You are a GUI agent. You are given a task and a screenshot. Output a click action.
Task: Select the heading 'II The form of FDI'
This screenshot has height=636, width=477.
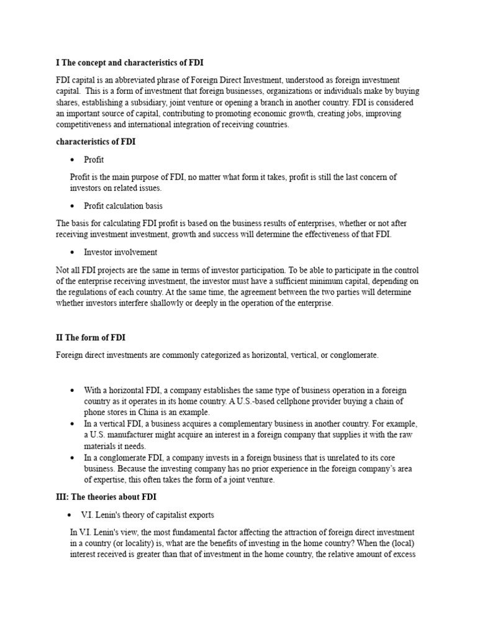coord(91,338)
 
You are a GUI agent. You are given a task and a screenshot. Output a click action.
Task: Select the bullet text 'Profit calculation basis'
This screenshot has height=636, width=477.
coord(123,206)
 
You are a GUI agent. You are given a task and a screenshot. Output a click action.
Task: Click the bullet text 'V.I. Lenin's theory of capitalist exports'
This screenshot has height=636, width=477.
coord(148,515)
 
